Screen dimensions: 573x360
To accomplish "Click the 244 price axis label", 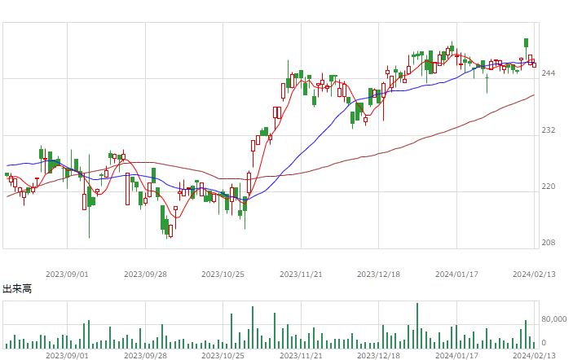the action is point(549,73).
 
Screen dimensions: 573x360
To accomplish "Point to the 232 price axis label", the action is point(549,130).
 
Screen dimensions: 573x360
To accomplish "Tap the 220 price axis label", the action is point(549,187).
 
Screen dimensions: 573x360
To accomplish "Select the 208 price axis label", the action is point(549,243).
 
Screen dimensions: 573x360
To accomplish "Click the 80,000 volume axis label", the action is point(554,319).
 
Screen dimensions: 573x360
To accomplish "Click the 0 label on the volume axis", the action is point(544,343).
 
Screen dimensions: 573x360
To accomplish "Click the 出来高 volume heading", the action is point(17,289).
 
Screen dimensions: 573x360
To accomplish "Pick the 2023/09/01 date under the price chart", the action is point(67,274).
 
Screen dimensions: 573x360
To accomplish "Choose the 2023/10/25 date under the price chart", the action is point(223,274).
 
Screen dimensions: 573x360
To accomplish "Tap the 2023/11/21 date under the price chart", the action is point(301,274).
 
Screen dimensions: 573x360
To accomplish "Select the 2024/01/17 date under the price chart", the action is point(456,274).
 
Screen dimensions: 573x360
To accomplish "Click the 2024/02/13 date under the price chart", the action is point(534,274).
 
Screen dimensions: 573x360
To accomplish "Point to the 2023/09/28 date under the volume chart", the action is point(145,356).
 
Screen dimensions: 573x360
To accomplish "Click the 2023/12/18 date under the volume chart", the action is point(378,356).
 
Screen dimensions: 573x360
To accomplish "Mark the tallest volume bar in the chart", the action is point(417,326).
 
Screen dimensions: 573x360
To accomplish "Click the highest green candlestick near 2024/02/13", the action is point(527,43).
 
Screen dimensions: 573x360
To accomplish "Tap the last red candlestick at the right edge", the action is point(534,65).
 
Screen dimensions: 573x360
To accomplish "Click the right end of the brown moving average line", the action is point(534,95).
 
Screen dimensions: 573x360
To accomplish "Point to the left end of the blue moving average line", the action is point(7,166).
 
